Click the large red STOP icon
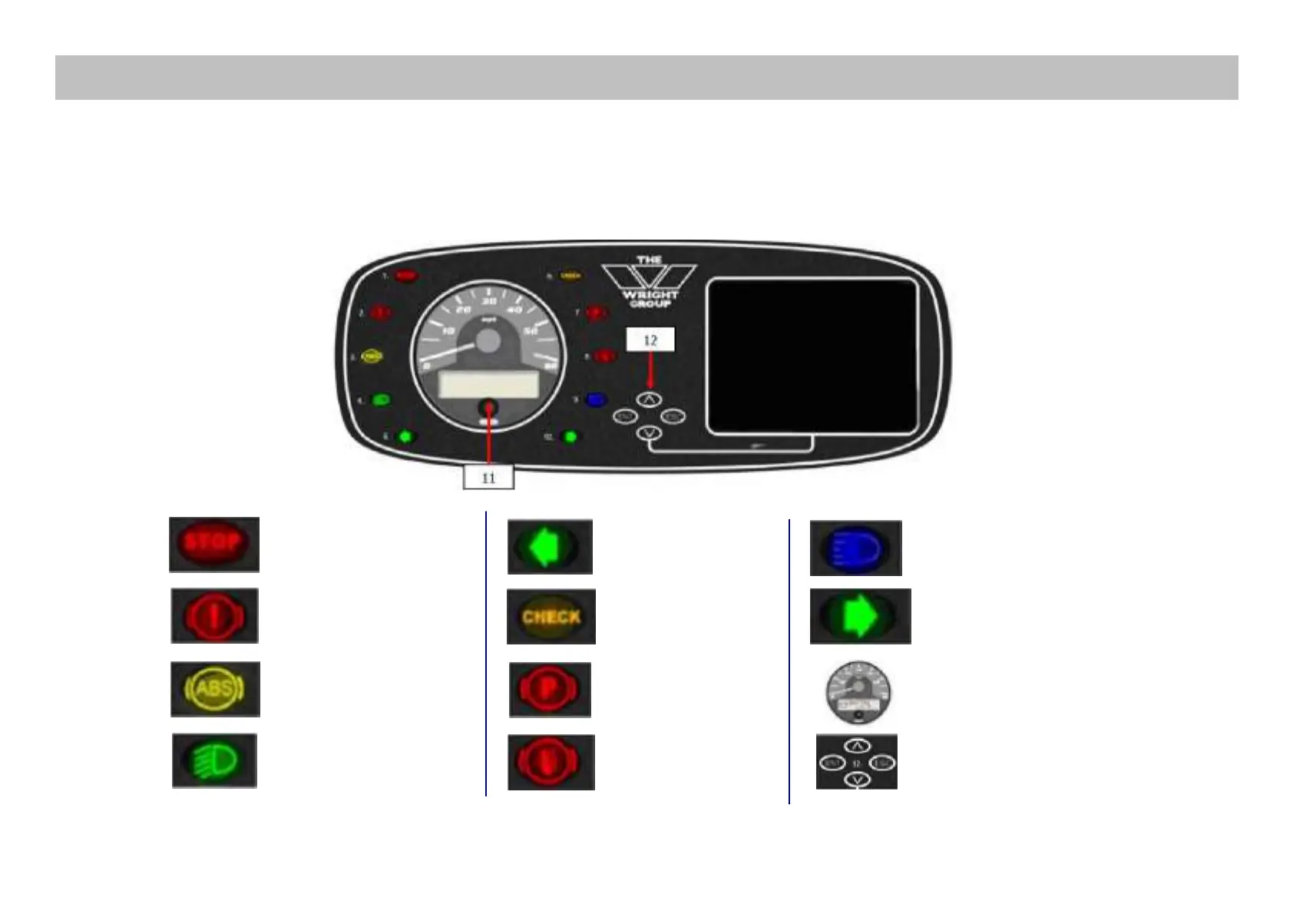[214, 544]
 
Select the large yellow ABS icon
[215, 689]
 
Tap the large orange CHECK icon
[551, 617]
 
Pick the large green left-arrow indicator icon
[550, 547]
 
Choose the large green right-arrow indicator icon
[860, 616]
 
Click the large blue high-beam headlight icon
[855, 548]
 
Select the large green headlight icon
[214, 760]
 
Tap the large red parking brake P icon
[551, 690]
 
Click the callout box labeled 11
[488, 478]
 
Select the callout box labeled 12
[650, 339]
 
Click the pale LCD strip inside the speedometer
[488, 386]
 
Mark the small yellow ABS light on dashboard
[372, 356]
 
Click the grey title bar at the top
[646, 78]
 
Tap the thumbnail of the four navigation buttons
[857, 762]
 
